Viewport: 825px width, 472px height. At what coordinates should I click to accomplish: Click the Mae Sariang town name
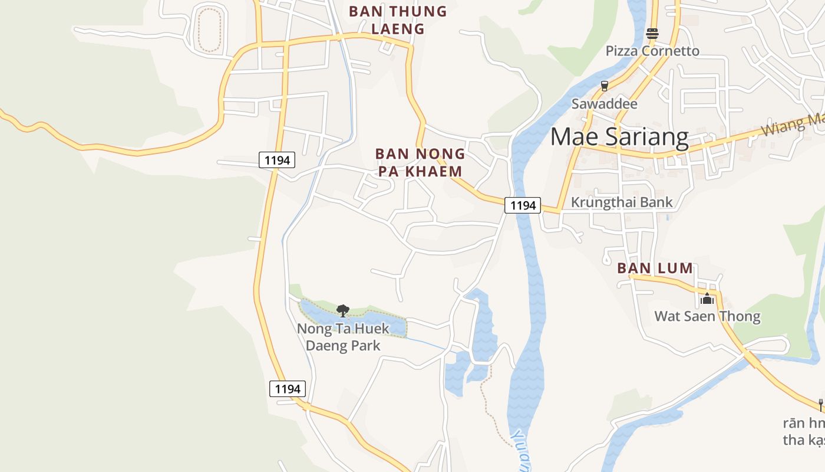coord(619,137)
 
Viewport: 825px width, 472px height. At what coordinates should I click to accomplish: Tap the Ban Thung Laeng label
coord(398,19)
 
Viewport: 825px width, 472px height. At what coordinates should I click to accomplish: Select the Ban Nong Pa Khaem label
coord(420,162)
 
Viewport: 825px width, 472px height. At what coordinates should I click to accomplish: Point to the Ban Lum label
coord(655,268)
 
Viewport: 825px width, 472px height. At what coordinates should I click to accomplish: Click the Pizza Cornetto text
coord(652,51)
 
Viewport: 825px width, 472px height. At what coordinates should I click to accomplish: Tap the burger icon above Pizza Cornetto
coord(652,34)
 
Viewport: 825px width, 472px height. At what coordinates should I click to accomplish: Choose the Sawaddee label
coord(605,104)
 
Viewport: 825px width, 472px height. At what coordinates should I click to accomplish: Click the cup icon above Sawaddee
coord(604,86)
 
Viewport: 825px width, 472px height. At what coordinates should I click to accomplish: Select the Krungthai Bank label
coord(621,202)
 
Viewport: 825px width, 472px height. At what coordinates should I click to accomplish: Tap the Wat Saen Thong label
coord(707,316)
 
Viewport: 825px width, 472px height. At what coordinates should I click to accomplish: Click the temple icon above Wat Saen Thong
coord(707,299)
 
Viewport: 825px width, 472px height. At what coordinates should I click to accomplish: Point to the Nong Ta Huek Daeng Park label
coord(343,337)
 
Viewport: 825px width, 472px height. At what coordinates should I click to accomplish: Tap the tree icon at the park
coord(342,310)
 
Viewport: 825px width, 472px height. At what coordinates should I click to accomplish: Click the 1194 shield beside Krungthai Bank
coord(523,205)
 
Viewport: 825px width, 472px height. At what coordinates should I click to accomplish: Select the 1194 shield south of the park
coord(288,389)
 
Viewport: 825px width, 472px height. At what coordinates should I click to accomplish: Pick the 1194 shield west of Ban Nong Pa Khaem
coord(276,160)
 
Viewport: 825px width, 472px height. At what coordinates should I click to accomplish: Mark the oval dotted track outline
coord(209,28)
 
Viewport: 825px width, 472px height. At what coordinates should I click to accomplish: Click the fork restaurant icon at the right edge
coord(820,405)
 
